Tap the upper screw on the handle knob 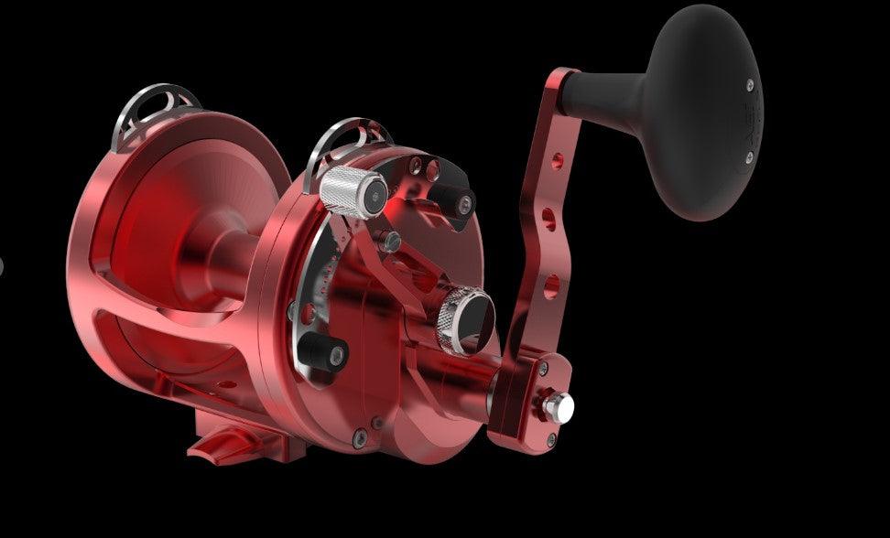click(x=751, y=85)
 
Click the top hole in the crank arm click(x=557, y=161)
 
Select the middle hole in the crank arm click(x=548, y=218)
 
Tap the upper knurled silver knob click(x=353, y=190)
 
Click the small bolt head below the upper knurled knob click(x=392, y=241)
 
